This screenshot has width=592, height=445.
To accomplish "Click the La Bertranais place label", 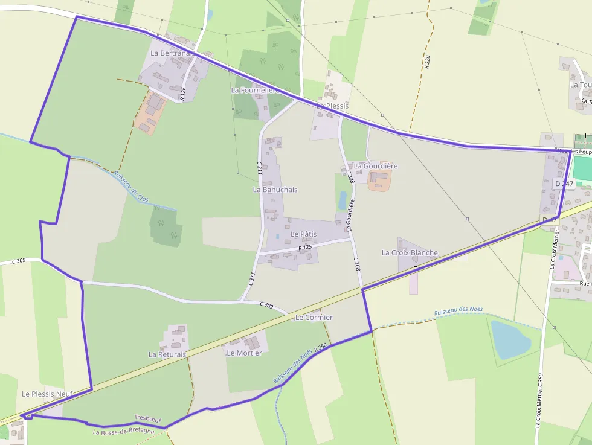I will click(x=172, y=53).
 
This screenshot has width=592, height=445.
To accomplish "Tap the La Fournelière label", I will click(x=254, y=90).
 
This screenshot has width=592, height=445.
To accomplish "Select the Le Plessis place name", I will click(x=333, y=106).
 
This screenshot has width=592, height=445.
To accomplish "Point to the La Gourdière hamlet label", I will click(x=376, y=165).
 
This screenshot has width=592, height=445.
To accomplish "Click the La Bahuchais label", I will click(x=275, y=190).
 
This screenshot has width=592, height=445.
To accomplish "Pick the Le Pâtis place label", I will click(x=303, y=234).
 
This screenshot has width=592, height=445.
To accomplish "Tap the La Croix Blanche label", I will click(x=410, y=252).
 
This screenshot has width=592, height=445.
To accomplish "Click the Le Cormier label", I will click(x=314, y=317).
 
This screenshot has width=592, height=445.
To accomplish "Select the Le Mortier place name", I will click(x=244, y=353).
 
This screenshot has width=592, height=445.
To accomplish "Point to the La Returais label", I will click(x=167, y=354).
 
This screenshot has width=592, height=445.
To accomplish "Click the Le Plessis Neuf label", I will click(x=47, y=394).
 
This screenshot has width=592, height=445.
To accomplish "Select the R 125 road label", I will click(x=305, y=248).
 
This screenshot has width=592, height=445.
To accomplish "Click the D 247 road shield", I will click(x=564, y=184).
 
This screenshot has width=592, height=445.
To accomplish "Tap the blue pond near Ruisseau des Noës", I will click(x=510, y=339).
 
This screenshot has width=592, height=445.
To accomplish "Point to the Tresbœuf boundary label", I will click(x=147, y=418).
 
